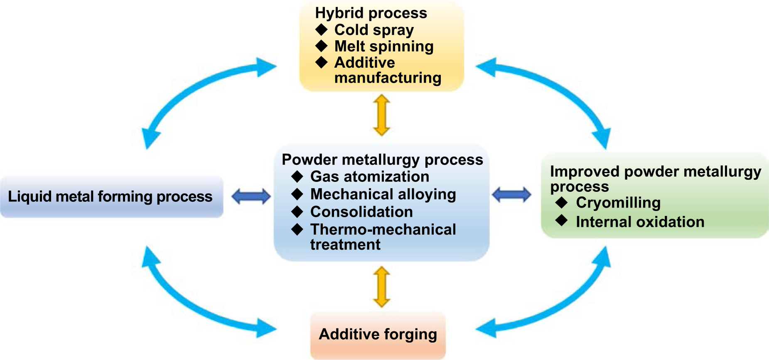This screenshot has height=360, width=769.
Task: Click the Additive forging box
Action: (x=378, y=335)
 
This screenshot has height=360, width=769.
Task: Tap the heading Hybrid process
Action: (x=371, y=13)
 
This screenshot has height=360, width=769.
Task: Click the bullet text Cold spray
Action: (x=374, y=30)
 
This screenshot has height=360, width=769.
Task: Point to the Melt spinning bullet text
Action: (x=384, y=46)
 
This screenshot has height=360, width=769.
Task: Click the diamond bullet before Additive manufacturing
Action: (x=321, y=62)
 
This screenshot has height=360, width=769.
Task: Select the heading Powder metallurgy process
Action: (x=382, y=159)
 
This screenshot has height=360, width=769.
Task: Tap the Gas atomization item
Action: (x=369, y=176)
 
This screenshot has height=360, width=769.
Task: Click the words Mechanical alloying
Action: (x=383, y=194)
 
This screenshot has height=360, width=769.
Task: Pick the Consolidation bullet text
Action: (x=361, y=212)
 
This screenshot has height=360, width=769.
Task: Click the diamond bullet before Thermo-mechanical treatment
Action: (x=297, y=229)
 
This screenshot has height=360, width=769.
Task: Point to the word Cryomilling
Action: (x=618, y=203)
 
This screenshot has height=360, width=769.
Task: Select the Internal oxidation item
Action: (x=640, y=222)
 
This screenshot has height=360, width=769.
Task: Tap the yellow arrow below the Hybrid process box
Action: (x=381, y=115)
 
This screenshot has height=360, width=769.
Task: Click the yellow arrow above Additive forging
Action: (x=381, y=287)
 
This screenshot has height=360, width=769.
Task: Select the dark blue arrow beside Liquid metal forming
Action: (x=251, y=196)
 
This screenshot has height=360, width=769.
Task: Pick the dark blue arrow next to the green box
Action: (x=511, y=194)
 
